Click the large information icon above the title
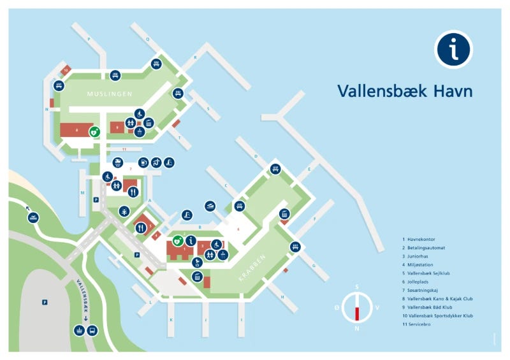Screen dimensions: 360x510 (x=453, y=48)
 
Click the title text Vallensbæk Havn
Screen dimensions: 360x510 (x=405, y=91)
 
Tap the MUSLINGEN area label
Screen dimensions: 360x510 (x=110, y=94)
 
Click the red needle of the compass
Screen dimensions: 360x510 (x=357, y=313)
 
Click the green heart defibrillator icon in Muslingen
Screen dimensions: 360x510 (x=94, y=133)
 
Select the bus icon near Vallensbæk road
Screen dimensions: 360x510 (x=92, y=331)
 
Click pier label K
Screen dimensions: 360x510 (x=171, y=317)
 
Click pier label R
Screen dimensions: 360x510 (x=195, y=57)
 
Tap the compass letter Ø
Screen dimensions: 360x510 (x=337, y=307)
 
